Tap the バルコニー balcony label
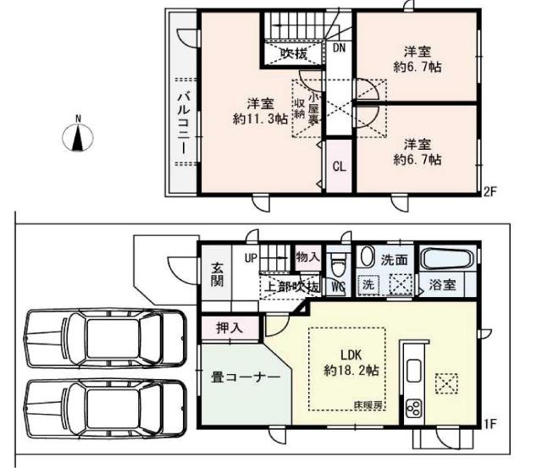(182, 123)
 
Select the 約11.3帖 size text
(260, 118)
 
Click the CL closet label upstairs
(338, 166)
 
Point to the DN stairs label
(339, 48)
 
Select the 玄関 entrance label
(217, 273)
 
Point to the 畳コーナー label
(245, 378)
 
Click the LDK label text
(351, 355)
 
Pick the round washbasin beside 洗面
(368, 256)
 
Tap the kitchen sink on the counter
(415, 370)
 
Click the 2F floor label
(489, 191)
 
